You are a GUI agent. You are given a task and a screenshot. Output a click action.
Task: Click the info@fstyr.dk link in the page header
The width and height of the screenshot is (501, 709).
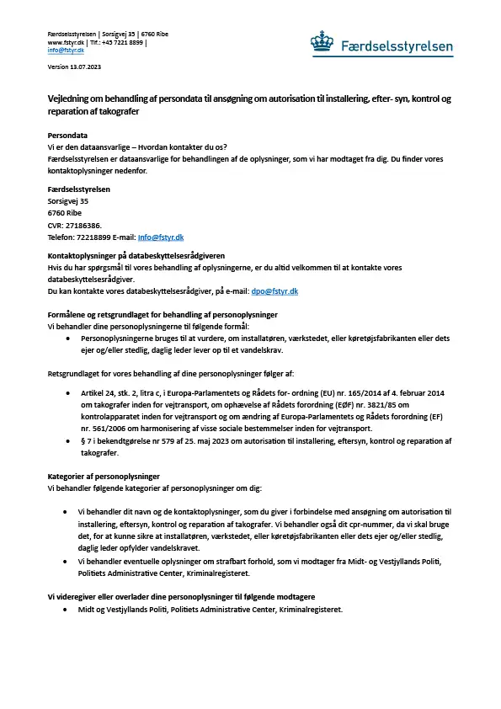click(x=66, y=51)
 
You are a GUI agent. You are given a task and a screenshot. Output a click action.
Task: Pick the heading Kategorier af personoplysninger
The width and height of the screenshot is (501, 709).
click(x=104, y=476)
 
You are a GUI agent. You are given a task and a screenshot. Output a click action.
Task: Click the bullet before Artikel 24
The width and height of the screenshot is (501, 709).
click(x=67, y=392)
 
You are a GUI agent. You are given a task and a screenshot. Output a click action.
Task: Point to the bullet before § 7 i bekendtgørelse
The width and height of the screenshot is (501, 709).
click(x=67, y=440)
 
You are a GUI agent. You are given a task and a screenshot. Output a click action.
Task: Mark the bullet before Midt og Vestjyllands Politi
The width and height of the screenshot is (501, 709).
click(x=67, y=609)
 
